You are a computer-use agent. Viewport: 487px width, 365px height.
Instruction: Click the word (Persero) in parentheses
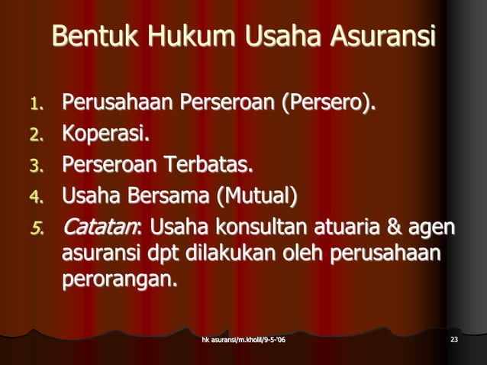pyautogui.click(x=329, y=102)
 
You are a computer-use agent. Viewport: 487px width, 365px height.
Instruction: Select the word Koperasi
pyautogui.click(x=105, y=134)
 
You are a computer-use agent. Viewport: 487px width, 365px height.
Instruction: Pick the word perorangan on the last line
pyautogui.click(x=119, y=280)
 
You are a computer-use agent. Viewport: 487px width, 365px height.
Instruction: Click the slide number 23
pyautogui.click(x=454, y=339)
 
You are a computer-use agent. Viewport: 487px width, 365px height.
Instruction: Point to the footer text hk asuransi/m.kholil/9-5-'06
pyautogui.click(x=243, y=339)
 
